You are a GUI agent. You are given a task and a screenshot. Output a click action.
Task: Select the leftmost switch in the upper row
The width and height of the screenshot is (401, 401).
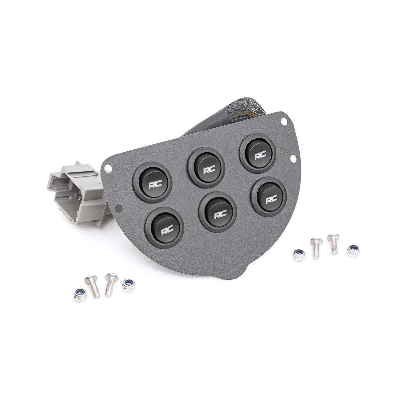coord(152,182)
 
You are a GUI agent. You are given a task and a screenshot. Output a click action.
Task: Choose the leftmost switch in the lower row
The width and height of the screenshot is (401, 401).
coord(165,228)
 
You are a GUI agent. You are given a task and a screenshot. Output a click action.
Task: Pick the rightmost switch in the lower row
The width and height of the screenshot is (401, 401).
coord(269,196)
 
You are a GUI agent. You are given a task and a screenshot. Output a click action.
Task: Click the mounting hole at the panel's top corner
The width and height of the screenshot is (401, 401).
coord(283,121)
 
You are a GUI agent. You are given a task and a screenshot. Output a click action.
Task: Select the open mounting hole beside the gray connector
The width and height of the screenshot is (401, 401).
coord(108,167)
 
